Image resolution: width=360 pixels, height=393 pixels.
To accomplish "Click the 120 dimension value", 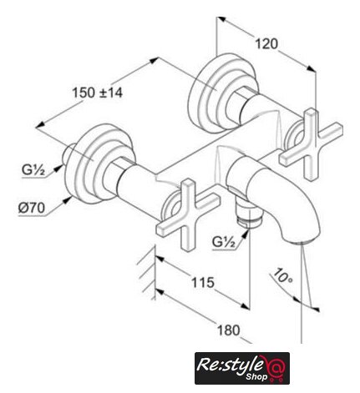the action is [x=266, y=44].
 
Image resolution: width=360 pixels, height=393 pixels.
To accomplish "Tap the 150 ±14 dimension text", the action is [x=97, y=93].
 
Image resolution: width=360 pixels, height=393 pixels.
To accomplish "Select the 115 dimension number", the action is [x=203, y=283].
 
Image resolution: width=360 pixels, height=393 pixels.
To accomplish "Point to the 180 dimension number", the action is [x=228, y=330].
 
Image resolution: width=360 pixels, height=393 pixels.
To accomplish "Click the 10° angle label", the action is [x=283, y=275].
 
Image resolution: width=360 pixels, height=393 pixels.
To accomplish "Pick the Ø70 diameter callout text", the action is [x=32, y=208].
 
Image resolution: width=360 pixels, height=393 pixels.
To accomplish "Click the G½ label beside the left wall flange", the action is [x=33, y=170].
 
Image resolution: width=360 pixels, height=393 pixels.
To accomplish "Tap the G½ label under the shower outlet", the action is [x=224, y=242].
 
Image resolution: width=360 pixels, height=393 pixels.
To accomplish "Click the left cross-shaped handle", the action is [x=188, y=214].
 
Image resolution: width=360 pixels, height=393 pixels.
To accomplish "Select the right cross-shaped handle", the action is [x=312, y=144].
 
